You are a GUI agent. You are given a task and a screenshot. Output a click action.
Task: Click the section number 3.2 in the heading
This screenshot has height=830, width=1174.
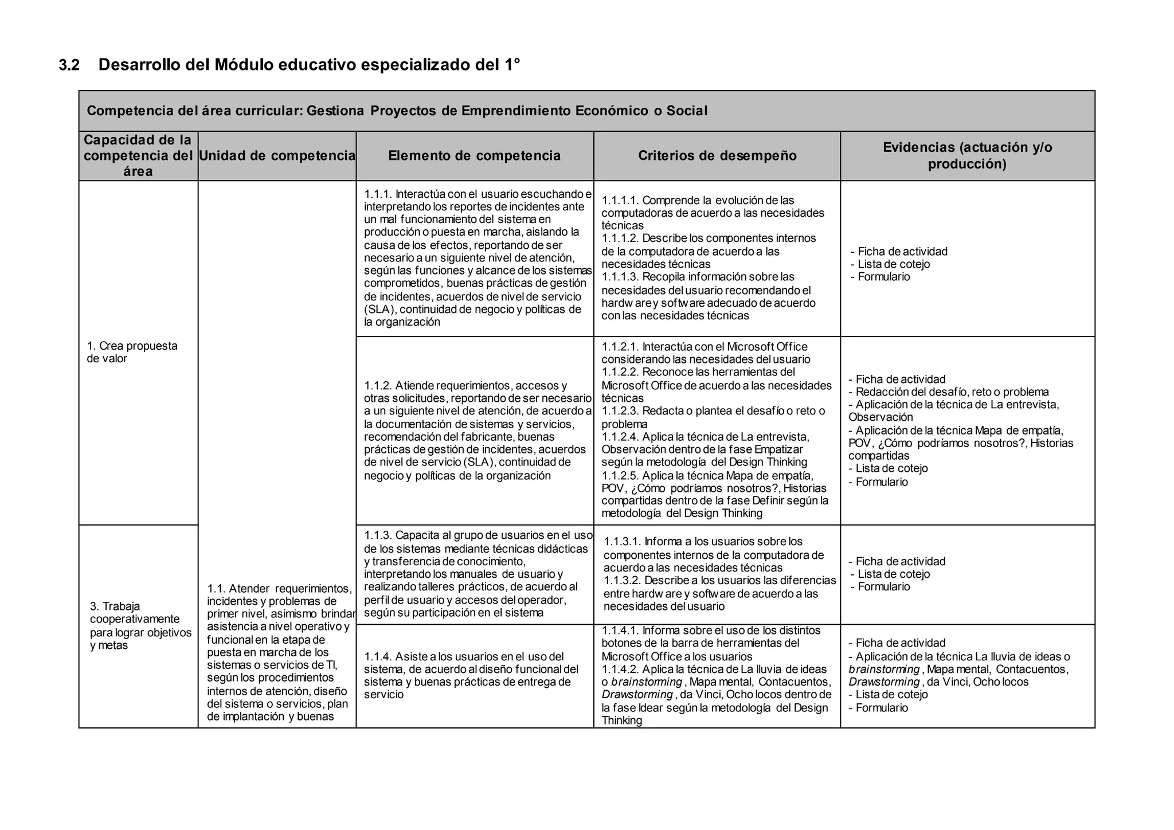click(69, 65)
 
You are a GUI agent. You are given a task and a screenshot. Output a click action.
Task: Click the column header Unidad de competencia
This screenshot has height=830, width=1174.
click(277, 156)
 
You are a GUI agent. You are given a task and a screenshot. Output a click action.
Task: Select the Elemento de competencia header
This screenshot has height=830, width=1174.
click(474, 156)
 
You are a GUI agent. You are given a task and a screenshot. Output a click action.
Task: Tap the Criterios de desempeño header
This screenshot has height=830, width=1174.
click(717, 156)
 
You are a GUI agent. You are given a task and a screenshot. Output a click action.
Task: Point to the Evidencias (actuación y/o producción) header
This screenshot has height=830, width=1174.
click(967, 156)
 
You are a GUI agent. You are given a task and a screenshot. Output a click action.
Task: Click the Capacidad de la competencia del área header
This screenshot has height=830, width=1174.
click(138, 156)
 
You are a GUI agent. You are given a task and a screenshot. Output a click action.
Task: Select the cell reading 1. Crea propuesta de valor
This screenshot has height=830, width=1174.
click(132, 352)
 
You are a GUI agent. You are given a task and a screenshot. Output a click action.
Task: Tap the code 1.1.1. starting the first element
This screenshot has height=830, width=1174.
click(378, 194)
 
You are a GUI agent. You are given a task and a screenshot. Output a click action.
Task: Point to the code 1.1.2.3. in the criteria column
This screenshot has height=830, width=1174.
click(620, 411)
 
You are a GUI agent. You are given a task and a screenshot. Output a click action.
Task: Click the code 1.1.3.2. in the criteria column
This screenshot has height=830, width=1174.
click(623, 581)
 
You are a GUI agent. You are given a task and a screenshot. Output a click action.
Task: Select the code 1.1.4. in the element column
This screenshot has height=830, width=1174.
click(378, 657)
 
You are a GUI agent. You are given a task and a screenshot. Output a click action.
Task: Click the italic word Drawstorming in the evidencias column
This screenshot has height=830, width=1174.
click(884, 682)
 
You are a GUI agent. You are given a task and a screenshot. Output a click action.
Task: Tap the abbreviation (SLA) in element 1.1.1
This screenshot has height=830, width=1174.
click(380, 310)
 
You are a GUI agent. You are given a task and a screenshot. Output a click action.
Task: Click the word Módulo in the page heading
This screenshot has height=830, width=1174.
click(244, 65)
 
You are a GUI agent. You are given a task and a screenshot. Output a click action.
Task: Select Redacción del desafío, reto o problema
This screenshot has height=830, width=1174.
click(952, 392)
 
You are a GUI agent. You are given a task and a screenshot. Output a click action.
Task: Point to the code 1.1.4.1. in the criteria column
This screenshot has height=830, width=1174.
click(620, 631)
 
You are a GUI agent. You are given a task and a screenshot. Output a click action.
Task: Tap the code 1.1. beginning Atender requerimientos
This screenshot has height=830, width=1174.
click(216, 589)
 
